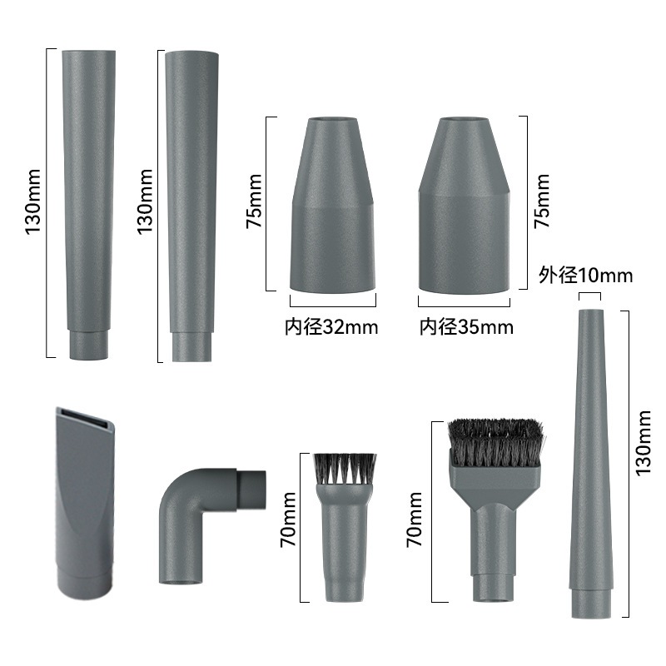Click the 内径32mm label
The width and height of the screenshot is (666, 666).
tap(331, 327)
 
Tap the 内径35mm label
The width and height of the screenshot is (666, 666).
tap(466, 327)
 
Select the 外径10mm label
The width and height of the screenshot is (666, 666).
tap(586, 276)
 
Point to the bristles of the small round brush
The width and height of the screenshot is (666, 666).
tap(345, 469)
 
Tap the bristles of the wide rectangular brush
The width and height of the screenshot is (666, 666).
tap(495, 442)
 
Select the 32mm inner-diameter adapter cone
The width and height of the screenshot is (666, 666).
tap(332, 205)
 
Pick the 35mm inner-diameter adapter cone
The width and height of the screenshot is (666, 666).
tap(464, 205)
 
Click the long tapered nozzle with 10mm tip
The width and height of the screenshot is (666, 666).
tap(590, 463)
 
